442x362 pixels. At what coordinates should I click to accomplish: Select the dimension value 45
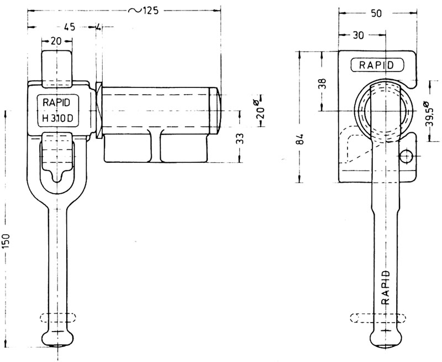(69, 27)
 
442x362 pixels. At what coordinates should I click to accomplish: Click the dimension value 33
(240, 138)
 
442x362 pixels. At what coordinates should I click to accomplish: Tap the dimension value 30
(358, 35)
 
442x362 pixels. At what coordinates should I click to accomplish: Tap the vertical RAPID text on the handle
(386, 287)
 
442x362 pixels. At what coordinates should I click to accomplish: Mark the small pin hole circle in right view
(407, 157)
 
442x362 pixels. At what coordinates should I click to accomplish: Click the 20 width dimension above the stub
(57, 40)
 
